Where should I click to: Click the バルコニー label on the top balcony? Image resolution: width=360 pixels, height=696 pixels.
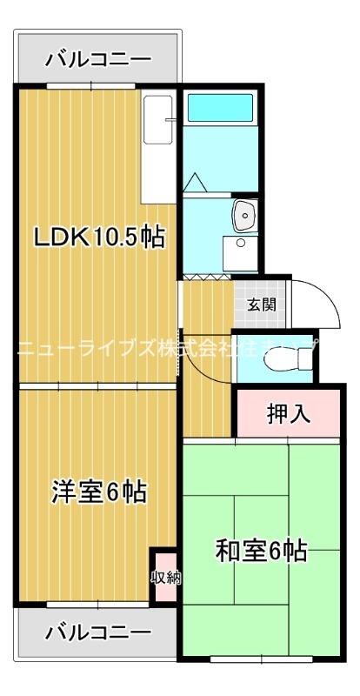click(98, 59)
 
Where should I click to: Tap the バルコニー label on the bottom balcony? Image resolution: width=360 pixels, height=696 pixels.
click(98, 629)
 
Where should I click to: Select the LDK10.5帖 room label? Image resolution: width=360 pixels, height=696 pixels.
click(98, 238)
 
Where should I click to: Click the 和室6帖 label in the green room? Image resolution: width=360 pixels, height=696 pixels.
click(261, 551)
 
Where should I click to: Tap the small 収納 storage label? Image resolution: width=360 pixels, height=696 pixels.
click(165, 577)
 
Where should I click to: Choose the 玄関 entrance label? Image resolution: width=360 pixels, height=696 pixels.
click(261, 304)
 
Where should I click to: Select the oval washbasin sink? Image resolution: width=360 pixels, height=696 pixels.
click(244, 213)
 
